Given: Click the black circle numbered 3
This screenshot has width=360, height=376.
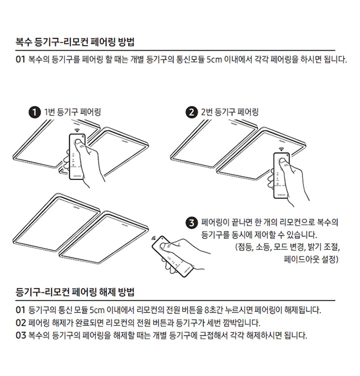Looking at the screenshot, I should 191,222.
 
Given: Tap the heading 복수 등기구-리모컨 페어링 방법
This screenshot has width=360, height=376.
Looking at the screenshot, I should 75,41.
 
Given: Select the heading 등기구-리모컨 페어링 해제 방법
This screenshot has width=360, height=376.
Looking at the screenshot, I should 75,291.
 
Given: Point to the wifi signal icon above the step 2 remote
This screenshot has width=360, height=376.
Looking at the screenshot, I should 282,148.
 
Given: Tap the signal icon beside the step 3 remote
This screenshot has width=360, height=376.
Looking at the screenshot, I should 154,238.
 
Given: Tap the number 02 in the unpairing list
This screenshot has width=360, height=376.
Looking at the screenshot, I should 20,322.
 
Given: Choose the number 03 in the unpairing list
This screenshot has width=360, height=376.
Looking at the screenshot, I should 20,335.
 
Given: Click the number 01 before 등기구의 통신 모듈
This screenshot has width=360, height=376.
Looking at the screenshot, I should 20,310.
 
